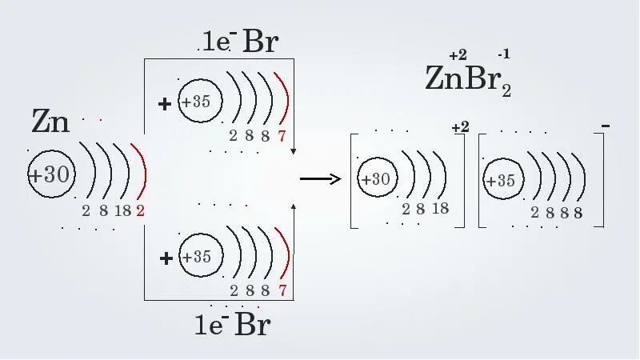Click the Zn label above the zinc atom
51,122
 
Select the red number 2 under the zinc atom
140,211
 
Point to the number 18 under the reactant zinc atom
122,211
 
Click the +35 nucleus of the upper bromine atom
196,102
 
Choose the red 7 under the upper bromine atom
282,136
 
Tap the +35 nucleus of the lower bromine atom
196,257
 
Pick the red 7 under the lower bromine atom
282,290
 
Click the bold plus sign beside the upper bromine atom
165,103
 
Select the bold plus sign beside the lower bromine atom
166,258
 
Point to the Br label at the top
260,42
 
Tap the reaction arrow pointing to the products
320,179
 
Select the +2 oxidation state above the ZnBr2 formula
458,55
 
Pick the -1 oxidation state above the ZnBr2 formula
503,54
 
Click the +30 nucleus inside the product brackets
375,179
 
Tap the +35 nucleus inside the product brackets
501,181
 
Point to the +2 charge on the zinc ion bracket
460,128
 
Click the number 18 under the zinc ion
440,209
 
